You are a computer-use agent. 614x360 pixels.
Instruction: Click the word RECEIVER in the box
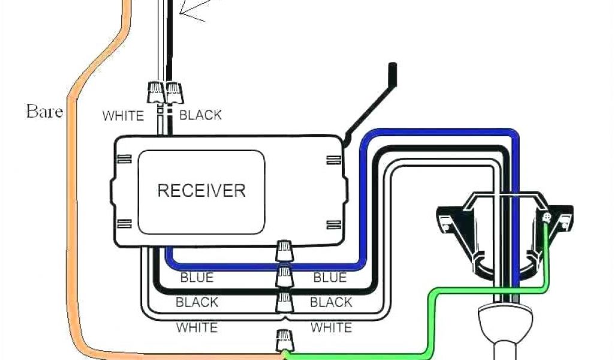tap(201, 191)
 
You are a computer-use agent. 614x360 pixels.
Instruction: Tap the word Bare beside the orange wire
tap(44, 111)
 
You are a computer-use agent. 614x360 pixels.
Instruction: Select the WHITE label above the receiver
tap(123, 115)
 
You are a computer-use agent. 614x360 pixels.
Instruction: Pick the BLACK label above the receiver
tap(200, 115)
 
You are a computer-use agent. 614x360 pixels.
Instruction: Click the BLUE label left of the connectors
tap(197, 278)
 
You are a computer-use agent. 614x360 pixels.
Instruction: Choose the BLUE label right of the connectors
tap(330, 278)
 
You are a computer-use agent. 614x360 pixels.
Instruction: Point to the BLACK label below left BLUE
tap(197, 302)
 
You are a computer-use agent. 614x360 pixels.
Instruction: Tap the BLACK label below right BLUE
tap(332, 302)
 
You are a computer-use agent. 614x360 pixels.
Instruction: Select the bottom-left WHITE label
tap(197, 328)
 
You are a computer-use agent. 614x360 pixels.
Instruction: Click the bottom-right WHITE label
tap(331, 328)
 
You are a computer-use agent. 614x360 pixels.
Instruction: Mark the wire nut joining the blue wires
tap(284, 251)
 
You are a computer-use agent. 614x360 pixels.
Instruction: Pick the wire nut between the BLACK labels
tap(284, 277)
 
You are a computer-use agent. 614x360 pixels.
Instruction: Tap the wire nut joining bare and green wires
tap(284, 341)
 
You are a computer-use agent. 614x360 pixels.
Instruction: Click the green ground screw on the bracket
tap(546, 218)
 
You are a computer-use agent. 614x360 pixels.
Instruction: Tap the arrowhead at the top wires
tap(181, 11)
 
